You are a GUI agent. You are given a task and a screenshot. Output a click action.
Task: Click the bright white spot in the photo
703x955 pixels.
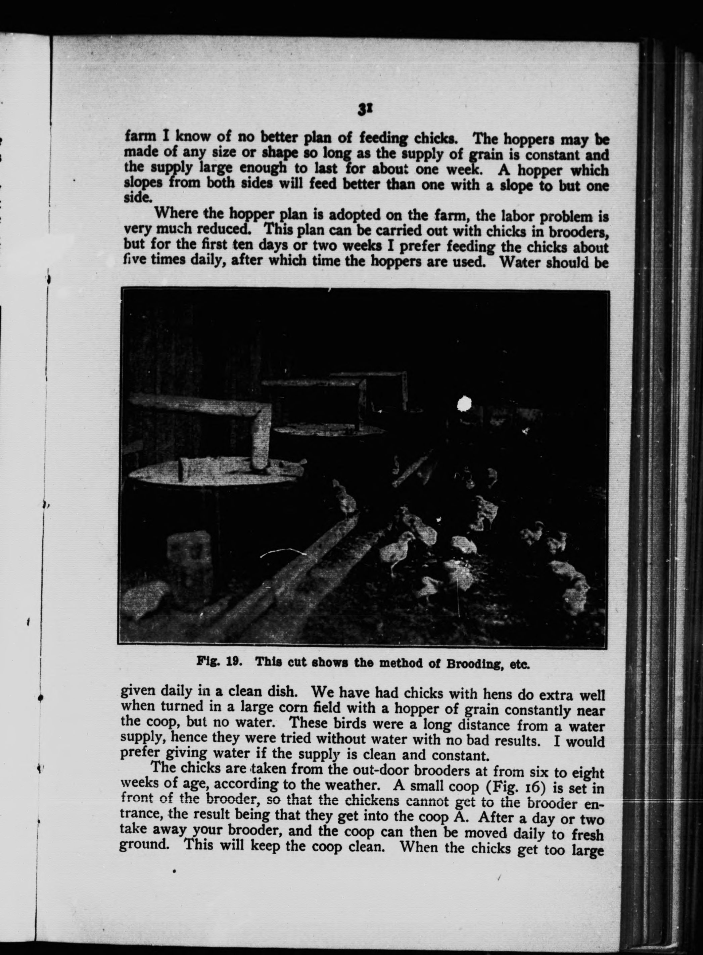click(464, 403)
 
